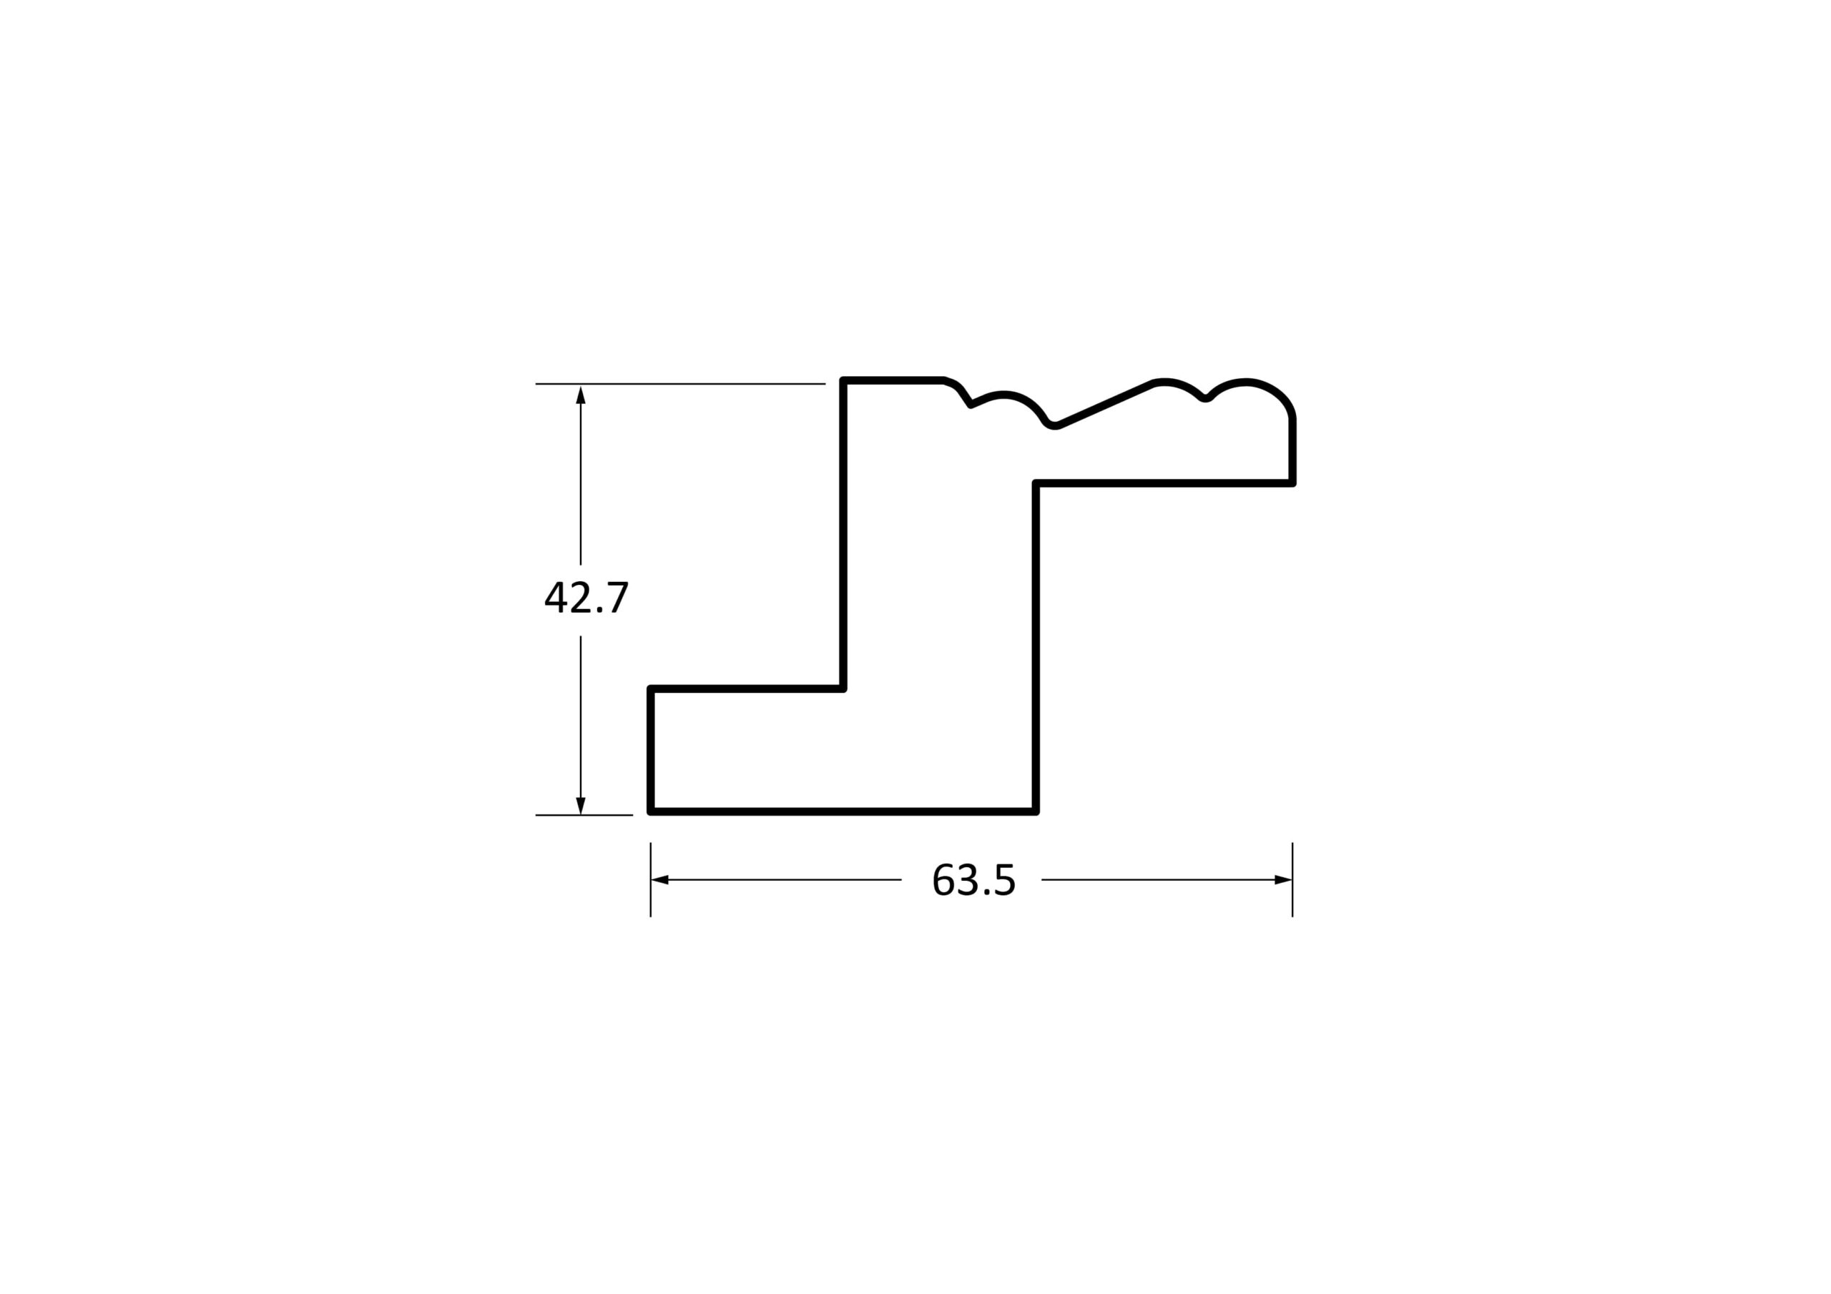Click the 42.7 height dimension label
coord(587,597)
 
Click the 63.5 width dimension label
coord(973,880)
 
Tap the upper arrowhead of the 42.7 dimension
coord(581,395)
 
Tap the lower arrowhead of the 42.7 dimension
coord(581,805)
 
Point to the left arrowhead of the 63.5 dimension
coord(660,880)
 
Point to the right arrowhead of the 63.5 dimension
coord(1283,880)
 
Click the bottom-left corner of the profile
coord(652,811)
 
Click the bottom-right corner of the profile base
coord(1036,811)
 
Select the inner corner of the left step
coord(843,688)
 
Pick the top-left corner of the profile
coord(843,381)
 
